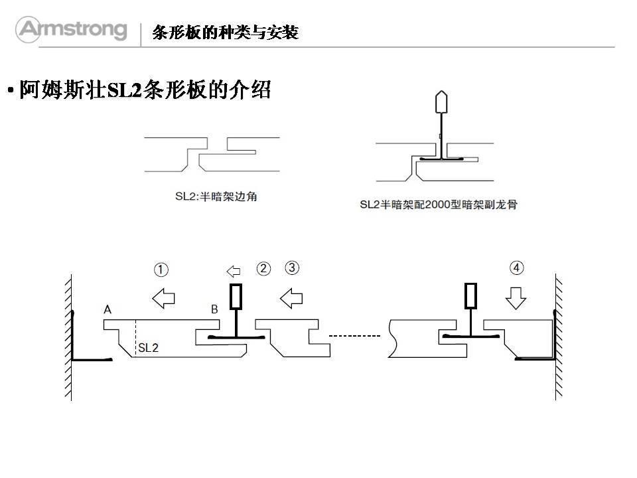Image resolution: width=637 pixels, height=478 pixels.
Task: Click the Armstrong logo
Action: coord(72,29)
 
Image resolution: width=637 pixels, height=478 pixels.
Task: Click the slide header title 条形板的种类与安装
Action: coord(225,32)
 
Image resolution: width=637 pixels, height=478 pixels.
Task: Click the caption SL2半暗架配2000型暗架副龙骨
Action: coord(438,204)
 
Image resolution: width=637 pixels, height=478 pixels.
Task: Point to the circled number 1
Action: coord(161,270)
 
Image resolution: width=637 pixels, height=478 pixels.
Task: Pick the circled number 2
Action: coord(263,269)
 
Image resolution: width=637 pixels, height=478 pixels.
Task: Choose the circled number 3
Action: coord(292,268)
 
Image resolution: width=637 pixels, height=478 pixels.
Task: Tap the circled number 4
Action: coord(516,268)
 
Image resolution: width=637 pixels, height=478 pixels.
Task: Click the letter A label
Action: coord(107,309)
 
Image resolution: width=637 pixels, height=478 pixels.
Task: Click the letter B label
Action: coord(214,309)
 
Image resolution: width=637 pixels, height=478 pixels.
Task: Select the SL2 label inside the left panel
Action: coord(148,347)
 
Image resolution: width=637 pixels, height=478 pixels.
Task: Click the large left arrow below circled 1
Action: coord(163,298)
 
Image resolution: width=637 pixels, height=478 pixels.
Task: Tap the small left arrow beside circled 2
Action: coord(234,271)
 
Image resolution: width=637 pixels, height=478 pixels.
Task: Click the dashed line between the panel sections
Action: coord(355,336)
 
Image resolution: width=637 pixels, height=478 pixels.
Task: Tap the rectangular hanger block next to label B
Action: coord(236,297)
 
